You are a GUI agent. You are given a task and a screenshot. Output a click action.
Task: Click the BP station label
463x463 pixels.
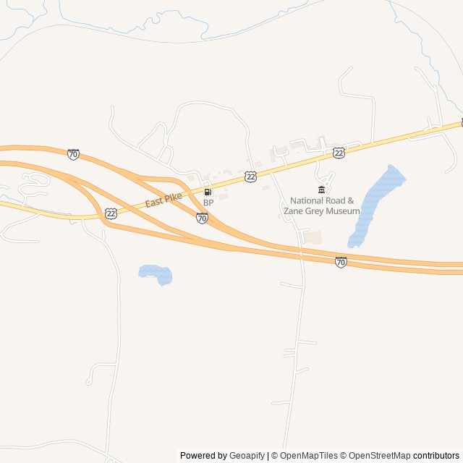point(208,203)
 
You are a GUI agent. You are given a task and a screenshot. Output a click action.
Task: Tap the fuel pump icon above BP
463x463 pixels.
point(208,192)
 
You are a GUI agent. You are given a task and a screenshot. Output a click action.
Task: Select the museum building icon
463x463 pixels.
point(322,190)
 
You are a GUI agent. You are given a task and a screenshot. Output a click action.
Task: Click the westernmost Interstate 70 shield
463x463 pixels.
point(73,154)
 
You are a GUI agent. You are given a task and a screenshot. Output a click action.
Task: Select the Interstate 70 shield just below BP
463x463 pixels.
point(202,218)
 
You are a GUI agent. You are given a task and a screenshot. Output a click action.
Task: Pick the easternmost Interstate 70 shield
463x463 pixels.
point(341,262)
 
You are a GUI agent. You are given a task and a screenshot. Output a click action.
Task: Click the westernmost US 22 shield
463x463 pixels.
point(110,213)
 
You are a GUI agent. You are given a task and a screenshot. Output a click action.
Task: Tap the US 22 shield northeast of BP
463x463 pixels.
point(250,177)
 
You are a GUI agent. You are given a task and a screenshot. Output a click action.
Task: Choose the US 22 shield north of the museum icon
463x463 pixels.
point(339,152)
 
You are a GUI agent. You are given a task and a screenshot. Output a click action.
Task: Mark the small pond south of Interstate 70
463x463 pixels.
point(156,273)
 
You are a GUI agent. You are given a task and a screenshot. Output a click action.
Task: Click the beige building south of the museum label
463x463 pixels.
point(313,237)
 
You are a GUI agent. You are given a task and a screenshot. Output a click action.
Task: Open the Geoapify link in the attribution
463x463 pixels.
point(247,456)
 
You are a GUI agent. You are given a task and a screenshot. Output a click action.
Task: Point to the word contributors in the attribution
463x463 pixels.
point(436,456)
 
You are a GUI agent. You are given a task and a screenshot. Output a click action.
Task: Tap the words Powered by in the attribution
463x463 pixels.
point(203,456)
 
